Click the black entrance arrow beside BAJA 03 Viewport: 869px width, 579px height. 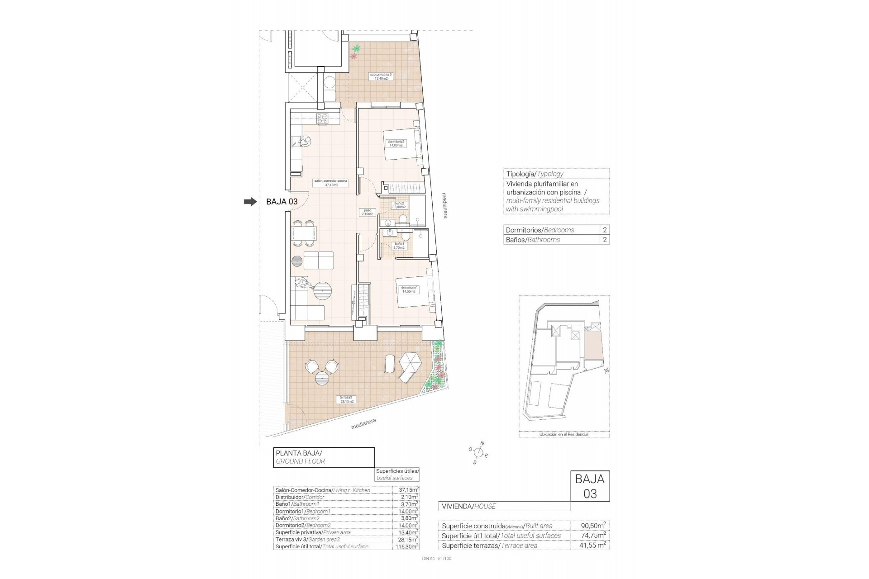(x=250, y=202)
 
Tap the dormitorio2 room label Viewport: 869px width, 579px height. (x=396, y=143)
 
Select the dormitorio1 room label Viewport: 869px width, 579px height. (x=409, y=289)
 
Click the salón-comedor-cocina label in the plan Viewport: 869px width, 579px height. (x=330, y=182)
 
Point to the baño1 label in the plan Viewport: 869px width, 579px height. (x=399, y=246)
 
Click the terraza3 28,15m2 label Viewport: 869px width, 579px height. (x=347, y=399)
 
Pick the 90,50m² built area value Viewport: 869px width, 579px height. (x=593, y=526)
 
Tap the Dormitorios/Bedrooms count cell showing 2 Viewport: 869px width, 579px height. (x=605, y=230)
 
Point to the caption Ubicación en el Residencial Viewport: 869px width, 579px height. (x=563, y=434)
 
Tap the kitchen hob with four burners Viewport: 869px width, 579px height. (x=322, y=119)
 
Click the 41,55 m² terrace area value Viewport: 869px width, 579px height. (x=593, y=546)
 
